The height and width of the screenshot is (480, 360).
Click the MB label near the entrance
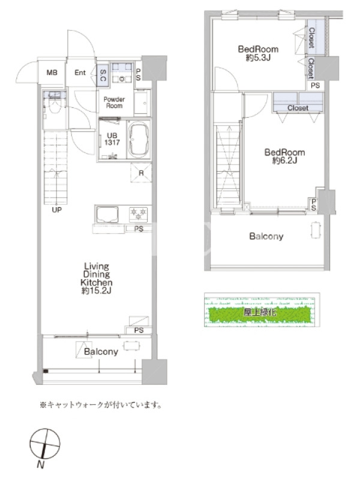[52, 73]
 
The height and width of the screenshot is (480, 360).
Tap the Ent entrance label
[80, 73]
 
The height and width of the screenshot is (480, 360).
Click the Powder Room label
[114, 103]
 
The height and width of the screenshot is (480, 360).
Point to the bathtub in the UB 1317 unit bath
[139, 140]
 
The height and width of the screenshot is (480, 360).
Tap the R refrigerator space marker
[141, 173]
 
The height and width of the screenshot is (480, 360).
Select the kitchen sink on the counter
[107, 214]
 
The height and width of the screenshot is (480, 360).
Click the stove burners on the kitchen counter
[138, 214]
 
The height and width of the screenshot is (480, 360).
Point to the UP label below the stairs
[56, 209]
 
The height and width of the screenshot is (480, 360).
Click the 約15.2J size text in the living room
[96, 290]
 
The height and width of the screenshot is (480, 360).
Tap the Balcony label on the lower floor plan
[101, 352]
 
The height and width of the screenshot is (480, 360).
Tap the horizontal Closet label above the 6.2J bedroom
[298, 108]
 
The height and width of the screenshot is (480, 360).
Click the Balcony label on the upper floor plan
[266, 236]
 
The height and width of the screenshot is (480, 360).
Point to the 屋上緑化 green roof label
[260, 312]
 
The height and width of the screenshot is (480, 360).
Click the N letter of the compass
[40, 464]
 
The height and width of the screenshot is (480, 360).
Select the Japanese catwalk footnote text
[101, 405]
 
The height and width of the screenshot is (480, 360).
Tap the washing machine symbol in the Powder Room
[122, 73]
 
